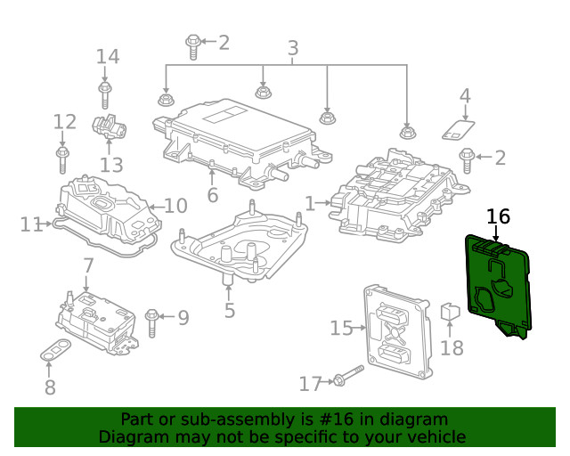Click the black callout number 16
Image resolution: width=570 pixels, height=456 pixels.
click(x=498, y=216)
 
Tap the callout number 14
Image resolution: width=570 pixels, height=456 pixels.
click(x=107, y=57)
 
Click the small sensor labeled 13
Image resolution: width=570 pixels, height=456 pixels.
click(x=110, y=130)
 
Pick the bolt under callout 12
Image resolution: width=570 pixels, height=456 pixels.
click(x=62, y=159)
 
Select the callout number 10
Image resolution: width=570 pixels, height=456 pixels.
click(x=175, y=207)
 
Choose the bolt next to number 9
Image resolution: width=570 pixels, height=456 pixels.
click(x=152, y=316)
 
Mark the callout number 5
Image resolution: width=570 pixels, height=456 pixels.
click(x=230, y=311)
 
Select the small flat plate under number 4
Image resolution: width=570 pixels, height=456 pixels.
click(x=459, y=129)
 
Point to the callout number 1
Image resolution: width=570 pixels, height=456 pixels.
click(x=310, y=204)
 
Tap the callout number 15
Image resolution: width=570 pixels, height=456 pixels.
click(x=341, y=329)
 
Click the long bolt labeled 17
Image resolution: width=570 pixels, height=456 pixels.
click(x=346, y=376)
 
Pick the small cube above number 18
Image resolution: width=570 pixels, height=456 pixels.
click(x=450, y=313)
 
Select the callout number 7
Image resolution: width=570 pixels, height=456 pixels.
click(x=88, y=265)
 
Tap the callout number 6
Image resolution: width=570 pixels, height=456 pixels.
click(x=212, y=195)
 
